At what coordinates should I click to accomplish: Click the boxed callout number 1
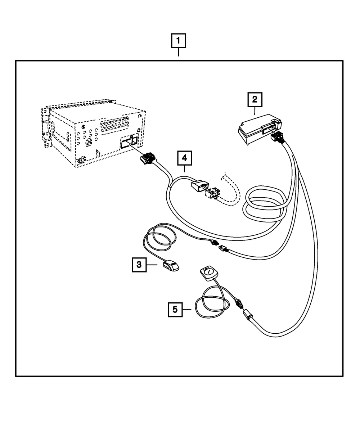point(179,41)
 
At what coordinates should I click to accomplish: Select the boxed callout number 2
point(255,99)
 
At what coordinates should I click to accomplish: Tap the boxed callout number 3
point(139,265)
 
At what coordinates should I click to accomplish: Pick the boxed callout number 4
point(184,159)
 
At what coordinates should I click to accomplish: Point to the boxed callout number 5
point(175,309)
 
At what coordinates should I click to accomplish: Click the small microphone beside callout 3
point(171,266)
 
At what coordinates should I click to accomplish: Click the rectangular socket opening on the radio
point(129,142)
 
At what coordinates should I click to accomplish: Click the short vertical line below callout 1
point(179,54)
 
